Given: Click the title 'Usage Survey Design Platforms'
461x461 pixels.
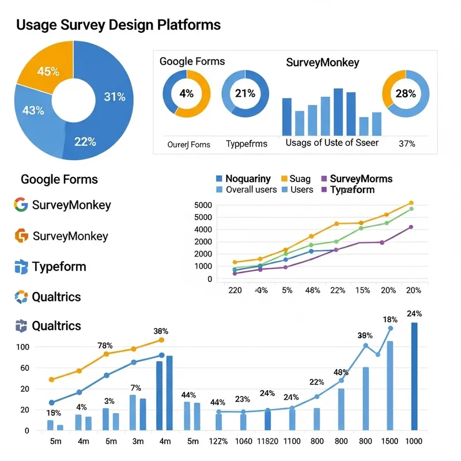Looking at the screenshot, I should (118, 25).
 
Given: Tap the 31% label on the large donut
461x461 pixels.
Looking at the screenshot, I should (114, 97).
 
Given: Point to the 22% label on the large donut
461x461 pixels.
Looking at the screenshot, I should (85, 142).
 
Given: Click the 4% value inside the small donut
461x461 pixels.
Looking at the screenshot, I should (186, 93).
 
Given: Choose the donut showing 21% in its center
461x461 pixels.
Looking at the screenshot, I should (245, 93).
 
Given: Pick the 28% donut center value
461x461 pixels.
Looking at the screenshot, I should (405, 93).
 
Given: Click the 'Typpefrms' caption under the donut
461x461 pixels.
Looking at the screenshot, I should (246, 143).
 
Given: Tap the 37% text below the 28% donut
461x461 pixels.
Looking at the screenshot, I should (406, 143).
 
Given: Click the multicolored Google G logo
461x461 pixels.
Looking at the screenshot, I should (21, 205).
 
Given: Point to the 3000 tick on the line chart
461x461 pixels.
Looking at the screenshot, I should (203, 242).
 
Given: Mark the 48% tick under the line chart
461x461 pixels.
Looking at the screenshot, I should (313, 290).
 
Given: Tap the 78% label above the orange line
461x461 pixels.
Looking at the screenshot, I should (105, 345).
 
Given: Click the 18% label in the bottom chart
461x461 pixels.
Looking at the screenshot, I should (390, 320).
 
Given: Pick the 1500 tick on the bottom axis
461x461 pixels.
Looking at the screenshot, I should (390, 441).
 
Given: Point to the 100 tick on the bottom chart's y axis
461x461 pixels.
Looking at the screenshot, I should (23, 347).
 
